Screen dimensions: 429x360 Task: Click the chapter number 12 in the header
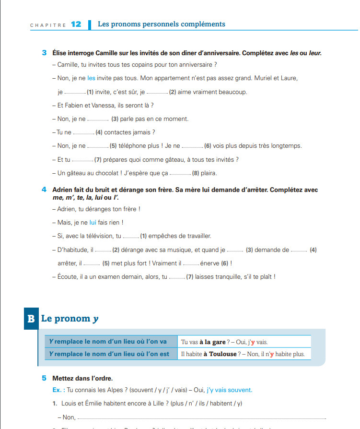tap(76, 24)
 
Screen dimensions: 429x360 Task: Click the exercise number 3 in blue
tap(44, 53)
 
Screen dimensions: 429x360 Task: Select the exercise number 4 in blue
tap(44, 190)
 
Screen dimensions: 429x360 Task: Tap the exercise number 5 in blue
tap(44, 378)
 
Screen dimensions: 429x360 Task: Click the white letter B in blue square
tap(31, 319)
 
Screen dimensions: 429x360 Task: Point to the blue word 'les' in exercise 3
tap(92, 78)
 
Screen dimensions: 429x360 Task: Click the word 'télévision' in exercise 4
tap(102, 236)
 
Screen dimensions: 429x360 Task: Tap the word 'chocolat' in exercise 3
tap(99, 173)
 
